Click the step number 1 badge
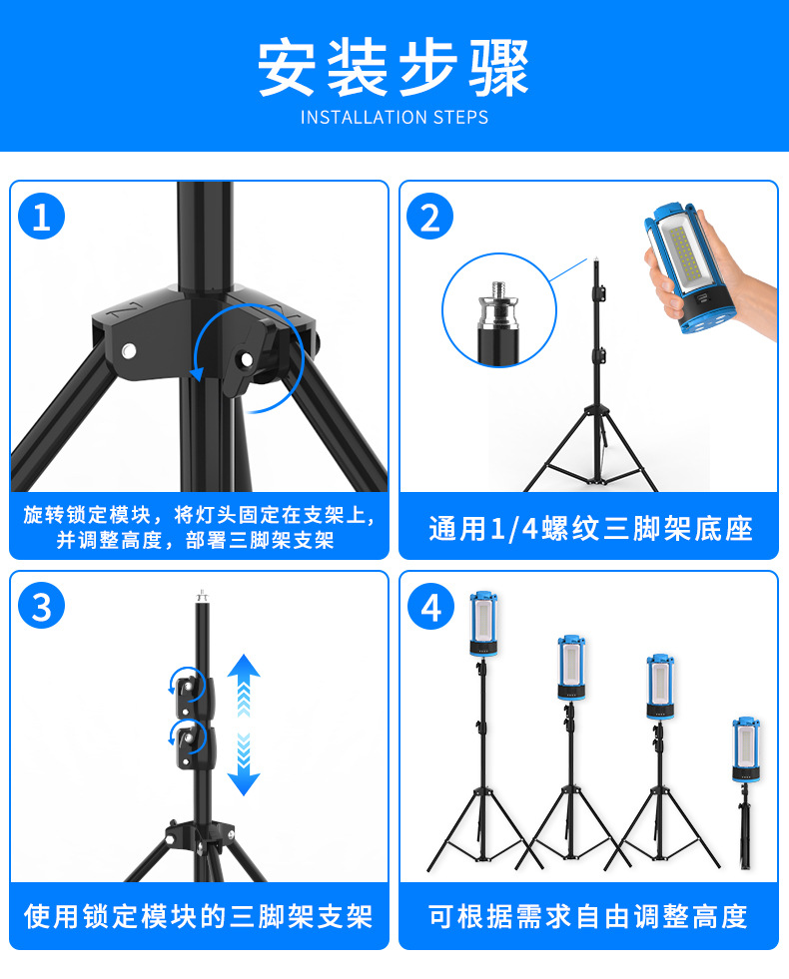pos(41,217)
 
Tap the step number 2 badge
pos(429,217)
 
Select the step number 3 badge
pos(41,606)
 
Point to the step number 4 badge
pos(430,606)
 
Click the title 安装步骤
pos(394,67)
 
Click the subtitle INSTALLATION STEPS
pos(394,118)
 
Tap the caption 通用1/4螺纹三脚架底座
pos(589,528)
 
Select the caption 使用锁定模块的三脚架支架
pos(199,916)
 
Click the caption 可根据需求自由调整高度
pos(588,916)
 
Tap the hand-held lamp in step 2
pos(687,267)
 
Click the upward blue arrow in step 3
pos(244,686)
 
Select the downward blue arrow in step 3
pos(244,764)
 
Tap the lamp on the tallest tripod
pos(484,624)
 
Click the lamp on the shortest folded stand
pos(746,749)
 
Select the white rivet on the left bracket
pos(129,350)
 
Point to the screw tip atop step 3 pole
pos(202,595)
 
